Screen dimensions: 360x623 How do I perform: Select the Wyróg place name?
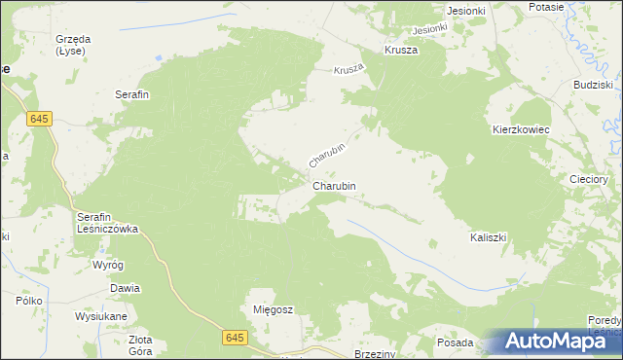click(107, 265)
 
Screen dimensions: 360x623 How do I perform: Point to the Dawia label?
click(125, 288)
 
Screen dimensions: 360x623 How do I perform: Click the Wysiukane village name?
click(106, 314)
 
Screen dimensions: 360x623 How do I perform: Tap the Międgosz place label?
click(273, 308)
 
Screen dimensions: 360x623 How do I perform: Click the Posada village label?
click(455, 343)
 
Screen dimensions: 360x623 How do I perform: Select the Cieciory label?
click(590, 180)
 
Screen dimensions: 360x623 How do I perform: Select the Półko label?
click(28, 302)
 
